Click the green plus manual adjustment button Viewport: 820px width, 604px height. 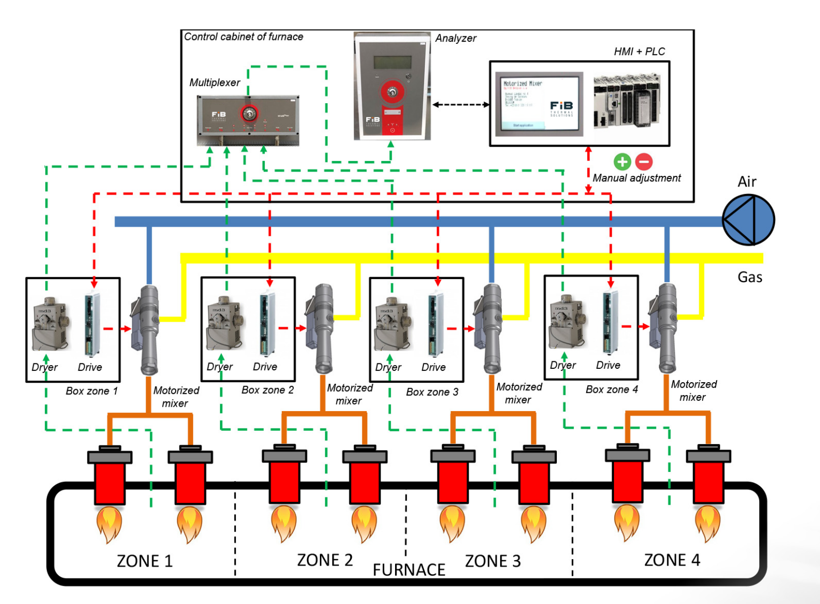(622, 161)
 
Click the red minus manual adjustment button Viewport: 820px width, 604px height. (644, 161)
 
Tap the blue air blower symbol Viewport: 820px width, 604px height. (748, 220)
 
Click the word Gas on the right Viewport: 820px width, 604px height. (750, 277)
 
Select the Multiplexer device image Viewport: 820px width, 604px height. (248, 120)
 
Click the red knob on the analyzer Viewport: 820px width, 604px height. (392, 92)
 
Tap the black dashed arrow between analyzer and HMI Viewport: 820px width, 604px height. (461, 105)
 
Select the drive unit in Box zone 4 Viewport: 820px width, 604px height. (610, 323)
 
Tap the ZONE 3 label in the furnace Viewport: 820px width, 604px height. (492, 561)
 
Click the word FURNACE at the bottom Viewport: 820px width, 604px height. (409, 570)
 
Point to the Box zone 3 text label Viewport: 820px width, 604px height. (432, 392)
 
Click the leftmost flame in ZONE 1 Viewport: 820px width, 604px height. (109, 525)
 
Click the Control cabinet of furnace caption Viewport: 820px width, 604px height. (243, 37)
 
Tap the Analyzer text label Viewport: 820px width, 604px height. (455, 38)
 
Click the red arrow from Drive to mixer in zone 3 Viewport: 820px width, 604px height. (460, 329)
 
